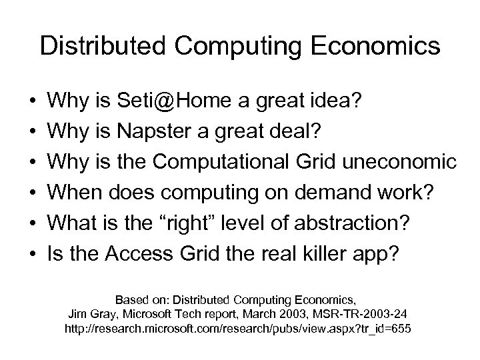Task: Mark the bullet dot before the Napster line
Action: click(33, 133)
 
